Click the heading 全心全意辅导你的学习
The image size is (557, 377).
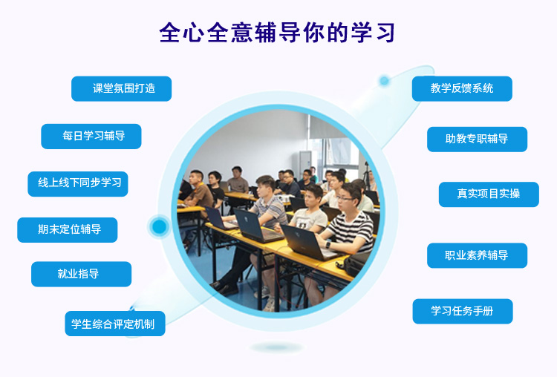click(x=277, y=33)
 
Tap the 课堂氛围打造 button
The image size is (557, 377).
click(x=122, y=89)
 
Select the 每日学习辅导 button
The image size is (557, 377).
click(x=91, y=137)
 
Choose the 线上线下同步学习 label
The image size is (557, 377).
click(x=78, y=184)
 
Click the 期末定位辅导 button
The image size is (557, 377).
click(x=68, y=230)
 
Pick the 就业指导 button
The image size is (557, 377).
click(x=82, y=274)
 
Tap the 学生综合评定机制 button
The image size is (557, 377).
click(x=115, y=324)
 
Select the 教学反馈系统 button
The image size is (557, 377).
click(x=462, y=89)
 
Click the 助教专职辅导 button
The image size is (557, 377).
click(x=477, y=140)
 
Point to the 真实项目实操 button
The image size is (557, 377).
click(x=489, y=194)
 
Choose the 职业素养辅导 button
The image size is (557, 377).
click(x=477, y=255)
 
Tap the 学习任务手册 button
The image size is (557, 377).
click(x=463, y=312)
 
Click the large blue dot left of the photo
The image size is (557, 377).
click(x=159, y=226)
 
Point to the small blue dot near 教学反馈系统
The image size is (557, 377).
click(x=384, y=81)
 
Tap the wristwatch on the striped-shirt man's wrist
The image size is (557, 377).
click(x=328, y=245)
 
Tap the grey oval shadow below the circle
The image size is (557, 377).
click(x=277, y=347)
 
